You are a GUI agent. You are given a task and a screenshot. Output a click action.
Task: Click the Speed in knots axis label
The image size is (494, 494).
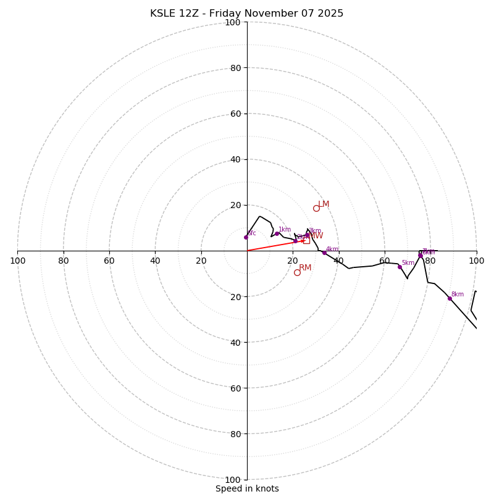click(247, 488)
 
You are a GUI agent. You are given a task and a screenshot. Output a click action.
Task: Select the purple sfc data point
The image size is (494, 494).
click(246, 237)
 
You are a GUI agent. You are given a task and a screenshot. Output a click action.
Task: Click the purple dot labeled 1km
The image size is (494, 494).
click(277, 233)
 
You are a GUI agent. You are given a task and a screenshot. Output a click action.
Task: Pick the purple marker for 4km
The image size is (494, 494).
click(324, 253)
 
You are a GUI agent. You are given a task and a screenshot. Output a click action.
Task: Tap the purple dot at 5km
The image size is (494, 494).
click(400, 267)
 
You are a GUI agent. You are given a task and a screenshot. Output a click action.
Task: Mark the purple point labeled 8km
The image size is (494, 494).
click(450, 298)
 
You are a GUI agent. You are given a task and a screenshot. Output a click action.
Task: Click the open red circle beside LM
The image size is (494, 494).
click(316, 208)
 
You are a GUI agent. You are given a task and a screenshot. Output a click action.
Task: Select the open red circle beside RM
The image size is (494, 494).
click(297, 272)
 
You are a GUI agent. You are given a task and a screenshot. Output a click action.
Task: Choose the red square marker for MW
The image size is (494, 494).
click(306, 240)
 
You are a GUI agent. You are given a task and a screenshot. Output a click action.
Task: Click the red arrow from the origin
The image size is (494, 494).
click(272, 245)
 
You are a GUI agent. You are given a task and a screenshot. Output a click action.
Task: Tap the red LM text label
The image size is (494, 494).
click(324, 204)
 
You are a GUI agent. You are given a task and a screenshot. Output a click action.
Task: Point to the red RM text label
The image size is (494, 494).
click(305, 268)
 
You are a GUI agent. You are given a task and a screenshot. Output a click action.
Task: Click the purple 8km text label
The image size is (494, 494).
click(458, 295)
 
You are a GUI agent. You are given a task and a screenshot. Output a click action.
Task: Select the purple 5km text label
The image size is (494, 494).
click(408, 263)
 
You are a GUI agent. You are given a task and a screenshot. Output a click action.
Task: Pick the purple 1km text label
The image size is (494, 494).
click(285, 230)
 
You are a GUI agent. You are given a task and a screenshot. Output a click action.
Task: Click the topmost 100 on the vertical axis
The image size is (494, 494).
click(233, 22)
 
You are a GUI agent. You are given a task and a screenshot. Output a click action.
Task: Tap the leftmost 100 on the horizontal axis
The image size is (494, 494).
click(18, 261)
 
